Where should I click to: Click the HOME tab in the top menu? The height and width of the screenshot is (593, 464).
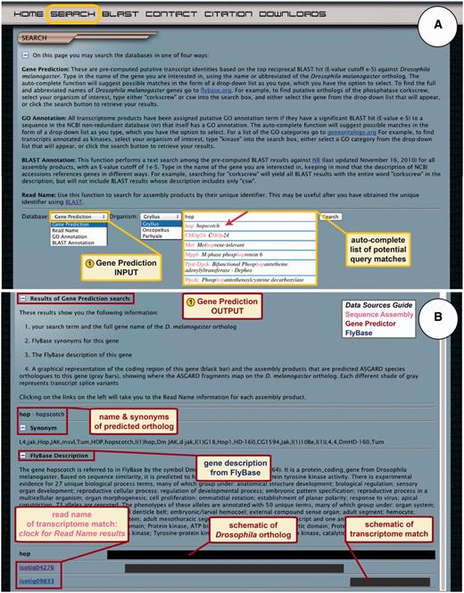[x=28, y=14]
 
